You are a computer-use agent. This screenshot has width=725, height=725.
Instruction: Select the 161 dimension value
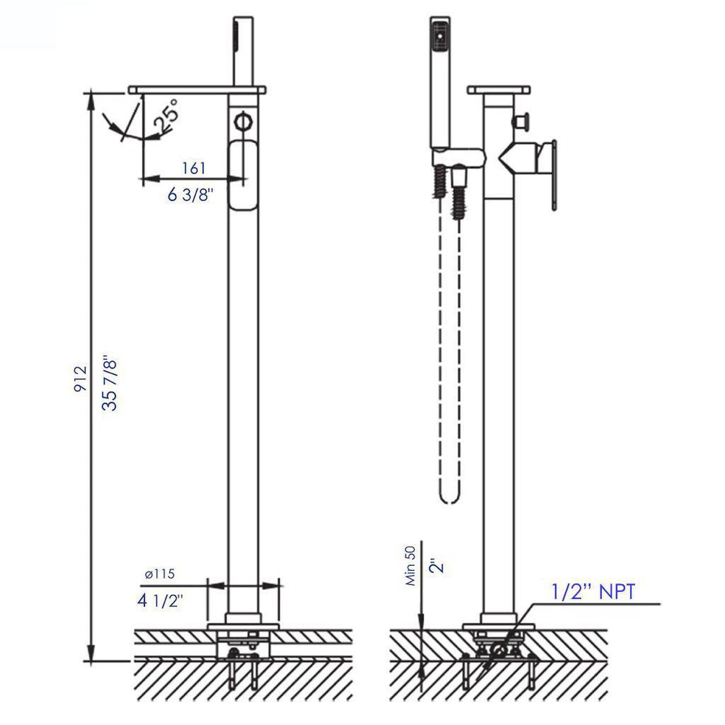(x=194, y=168)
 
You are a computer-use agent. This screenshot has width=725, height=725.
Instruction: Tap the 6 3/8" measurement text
(x=191, y=195)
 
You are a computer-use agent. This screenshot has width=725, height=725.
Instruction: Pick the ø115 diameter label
(x=160, y=573)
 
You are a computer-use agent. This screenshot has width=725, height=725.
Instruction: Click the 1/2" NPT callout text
(x=594, y=592)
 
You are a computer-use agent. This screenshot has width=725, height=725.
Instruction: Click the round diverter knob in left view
(x=243, y=122)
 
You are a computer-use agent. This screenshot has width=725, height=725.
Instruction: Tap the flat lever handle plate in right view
(x=553, y=175)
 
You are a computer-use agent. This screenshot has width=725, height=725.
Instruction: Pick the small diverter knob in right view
(x=519, y=121)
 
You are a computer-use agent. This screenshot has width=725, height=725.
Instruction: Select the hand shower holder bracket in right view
(x=459, y=158)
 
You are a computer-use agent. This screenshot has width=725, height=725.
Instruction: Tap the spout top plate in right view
(x=498, y=90)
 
